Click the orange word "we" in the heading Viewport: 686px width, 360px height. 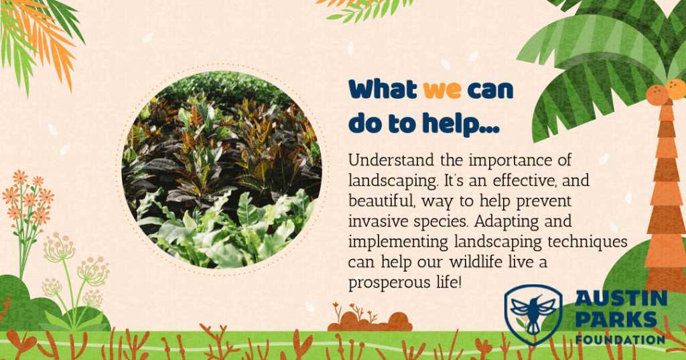click(x=442, y=91)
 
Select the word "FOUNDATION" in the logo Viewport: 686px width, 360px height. click(x=620, y=339)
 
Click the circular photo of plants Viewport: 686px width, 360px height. click(x=222, y=170)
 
